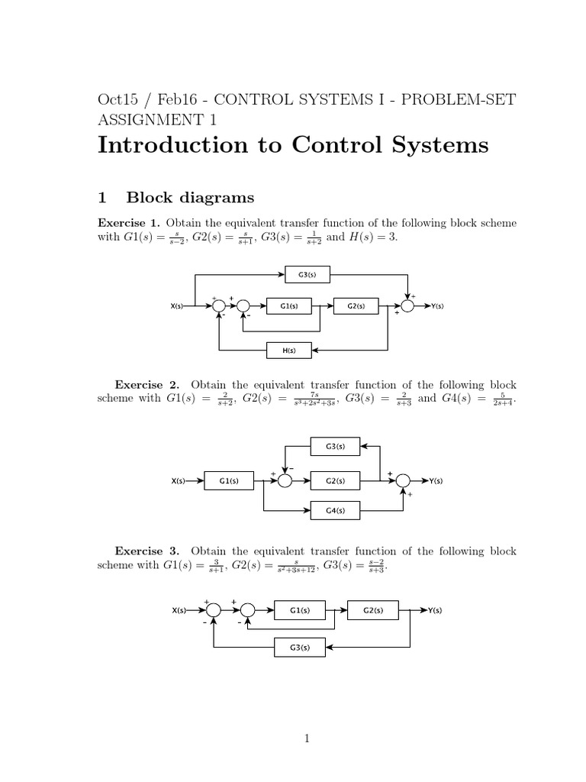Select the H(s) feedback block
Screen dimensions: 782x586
tap(288, 351)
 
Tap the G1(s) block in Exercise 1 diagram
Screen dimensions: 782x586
tap(288, 306)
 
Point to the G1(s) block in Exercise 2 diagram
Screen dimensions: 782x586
tap(230, 480)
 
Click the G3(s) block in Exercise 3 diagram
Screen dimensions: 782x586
tap(299, 648)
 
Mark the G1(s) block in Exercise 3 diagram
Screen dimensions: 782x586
tap(299, 610)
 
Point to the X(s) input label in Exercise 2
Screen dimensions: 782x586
tap(179, 480)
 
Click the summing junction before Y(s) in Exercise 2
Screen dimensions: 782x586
tap(403, 480)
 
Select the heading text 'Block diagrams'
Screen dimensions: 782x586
tap(190, 198)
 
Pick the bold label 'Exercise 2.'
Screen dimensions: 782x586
tap(148, 384)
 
